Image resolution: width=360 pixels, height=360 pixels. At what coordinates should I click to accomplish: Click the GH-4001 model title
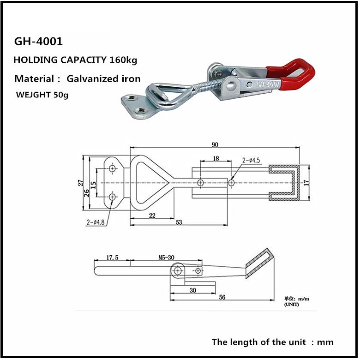point(38,42)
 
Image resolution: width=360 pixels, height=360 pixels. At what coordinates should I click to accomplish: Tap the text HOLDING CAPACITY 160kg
point(75,60)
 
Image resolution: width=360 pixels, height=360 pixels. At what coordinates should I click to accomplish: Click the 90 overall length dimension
point(215,144)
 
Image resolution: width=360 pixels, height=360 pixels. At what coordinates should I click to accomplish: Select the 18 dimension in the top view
point(216,158)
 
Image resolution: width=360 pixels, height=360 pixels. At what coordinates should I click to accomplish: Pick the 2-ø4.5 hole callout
point(252,161)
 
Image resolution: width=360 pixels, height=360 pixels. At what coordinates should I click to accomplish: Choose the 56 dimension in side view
point(222,298)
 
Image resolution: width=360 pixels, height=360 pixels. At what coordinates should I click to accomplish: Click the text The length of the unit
point(258,342)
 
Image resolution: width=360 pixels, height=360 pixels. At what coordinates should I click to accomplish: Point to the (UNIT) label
point(292,305)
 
